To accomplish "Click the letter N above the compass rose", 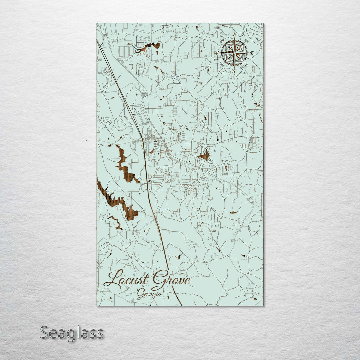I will pyautogui.click(x=234, y=34).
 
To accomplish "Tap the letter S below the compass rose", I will pyautogui.click(x=234, y=71).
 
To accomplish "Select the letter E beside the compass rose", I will pyautogui.click(x=252, y=53).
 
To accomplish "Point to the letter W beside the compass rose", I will pyautogui.click(x=216, y=53).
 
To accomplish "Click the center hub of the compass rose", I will pyautogui.click(x=234, y=53).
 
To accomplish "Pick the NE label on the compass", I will pyautogui.click(x=246, y=41).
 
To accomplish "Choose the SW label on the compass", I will pyautogui.click(x=222, y=65).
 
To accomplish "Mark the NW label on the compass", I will pyautogui.click(x=222, y=41).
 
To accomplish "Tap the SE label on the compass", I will pyautogui.click(x=246, y=65).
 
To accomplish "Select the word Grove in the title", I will pyautogui.click(x=171, y=279).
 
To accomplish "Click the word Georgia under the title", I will pyautogui.click(x=149, y=294).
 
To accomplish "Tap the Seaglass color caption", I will pyautogui.click(x=72, y=333).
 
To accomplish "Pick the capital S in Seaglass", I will pyautogui.click(x=45, y=332).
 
